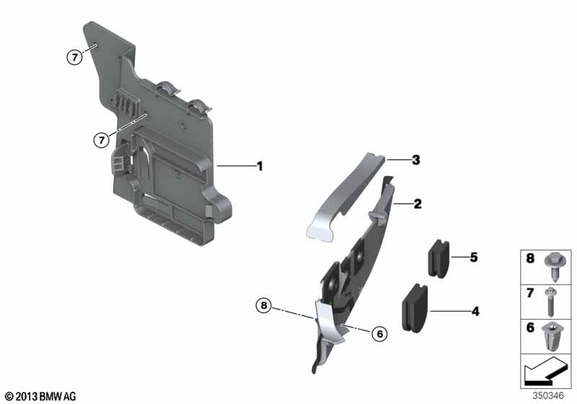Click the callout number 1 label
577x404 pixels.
[260, 166]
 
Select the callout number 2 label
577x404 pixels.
[417, 204]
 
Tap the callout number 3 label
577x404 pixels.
[415, 160]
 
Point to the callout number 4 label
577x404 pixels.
[475, 312]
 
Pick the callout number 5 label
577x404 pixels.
[473, 257]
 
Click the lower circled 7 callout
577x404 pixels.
[102, 139]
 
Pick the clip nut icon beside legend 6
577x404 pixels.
[556, 337]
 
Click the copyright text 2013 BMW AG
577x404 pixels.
[40, 396]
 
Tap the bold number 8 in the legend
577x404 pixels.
[530, 258]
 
